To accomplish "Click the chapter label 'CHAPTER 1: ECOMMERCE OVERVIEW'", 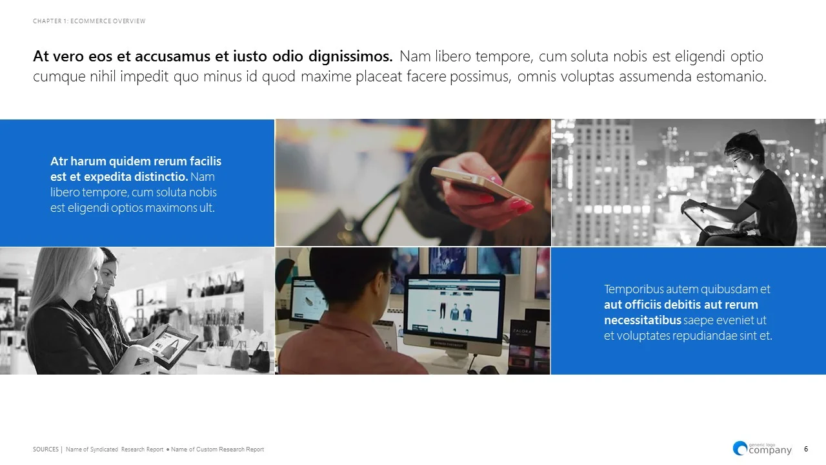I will pyautogui.click(x=89, y=21).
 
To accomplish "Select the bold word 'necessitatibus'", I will pyautogui.click(x=643, y=320).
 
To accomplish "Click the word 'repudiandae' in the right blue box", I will pyautogui.click(x=698, y=336).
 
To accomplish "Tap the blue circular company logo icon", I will pyautogui.click(x=740, y=448).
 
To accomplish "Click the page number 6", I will pyautogui.click(x=806, y=449).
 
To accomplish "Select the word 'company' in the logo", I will pyautogui.click(x=770, y=451).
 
